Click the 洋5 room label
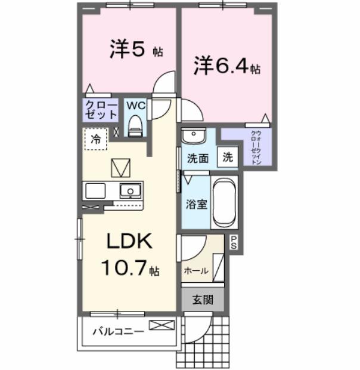coord(128,50)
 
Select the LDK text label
coord(130,242)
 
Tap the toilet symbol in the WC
coord(136,127)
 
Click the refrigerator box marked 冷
coord(96,139)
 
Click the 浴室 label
coord(195,204)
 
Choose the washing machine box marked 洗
coord(228,158)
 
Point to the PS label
coord(234,243)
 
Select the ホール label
coord(196,270)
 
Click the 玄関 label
coord(202,300)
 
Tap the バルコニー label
coord(117,331)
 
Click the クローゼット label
coord(98,109)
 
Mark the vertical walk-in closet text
coord(255,147)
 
